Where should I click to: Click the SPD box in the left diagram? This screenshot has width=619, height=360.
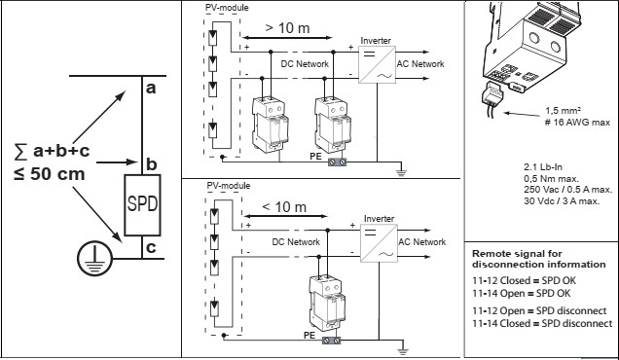pyautogui.click(x=142, y=205)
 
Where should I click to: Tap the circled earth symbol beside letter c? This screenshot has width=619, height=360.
pyautogui.click(x=94, y=258)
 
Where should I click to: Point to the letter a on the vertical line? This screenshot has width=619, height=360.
pyautogui.click(x=151, y=89)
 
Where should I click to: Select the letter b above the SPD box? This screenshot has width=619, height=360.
pyautogui.click(x=152, y=163)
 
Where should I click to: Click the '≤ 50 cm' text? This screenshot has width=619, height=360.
pyautogui.click(x=50, y=174)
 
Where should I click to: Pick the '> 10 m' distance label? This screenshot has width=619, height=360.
pyautogui.click(x=287, y=28)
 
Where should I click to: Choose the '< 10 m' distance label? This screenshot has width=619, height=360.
pyautogui.click(x=284, y=207)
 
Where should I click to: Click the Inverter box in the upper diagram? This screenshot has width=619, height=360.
pyautogui.click(x=377, y=65)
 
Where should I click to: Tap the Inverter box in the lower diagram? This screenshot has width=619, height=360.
pyautogui.click(x=379, y=243)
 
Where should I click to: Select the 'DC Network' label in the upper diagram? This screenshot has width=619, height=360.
pyautogui.click(x=305, y=64)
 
